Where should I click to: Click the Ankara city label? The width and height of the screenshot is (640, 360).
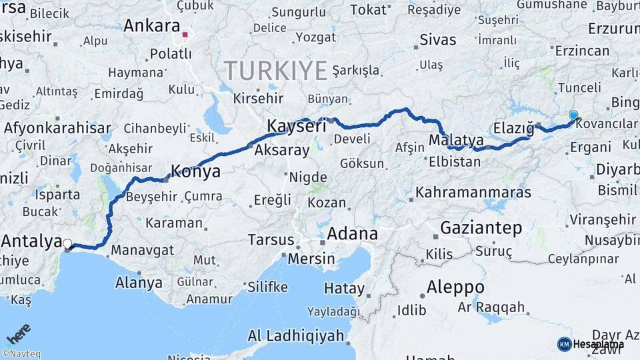pyautogui.click(x=151, y=27)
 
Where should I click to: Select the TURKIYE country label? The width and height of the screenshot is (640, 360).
pyautogui.click(x=275, y=70)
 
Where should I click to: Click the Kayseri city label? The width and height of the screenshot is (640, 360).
pyautogui.click(x=297, y=125)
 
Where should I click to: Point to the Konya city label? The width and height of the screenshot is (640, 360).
pyautogui.click(x=195, y=171)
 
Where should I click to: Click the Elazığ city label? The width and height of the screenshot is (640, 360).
pyautogui.click(x=514, y=127)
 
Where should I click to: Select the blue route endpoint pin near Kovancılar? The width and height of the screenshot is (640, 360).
pyautogui.click(x=573, y=116)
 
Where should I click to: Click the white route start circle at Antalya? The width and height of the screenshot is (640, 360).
pyautogui.click(x=67, y=244)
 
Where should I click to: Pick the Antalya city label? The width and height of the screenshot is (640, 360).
pyautogui.click(x=32, y=241)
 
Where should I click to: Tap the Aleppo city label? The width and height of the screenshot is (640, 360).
pyautogui.click(x=455, y=287)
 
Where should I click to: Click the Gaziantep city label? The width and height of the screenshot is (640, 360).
pyautogui.click(x=481, y=228)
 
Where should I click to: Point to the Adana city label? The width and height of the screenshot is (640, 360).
pyautogui.click(x=352, y=234)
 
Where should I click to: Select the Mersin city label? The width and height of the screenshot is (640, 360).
pyautogui.click(x=311, y=258)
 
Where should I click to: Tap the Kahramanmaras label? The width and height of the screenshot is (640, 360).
pyautogui.click(x=473, y=193)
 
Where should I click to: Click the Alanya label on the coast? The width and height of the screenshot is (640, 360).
pyautogui.click(x=139, y=282)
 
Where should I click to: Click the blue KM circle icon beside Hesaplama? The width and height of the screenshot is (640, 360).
pyautogui.click(x=564, y=344)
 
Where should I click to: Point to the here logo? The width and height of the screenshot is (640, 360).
pyautogui.click(x=18, y=334)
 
